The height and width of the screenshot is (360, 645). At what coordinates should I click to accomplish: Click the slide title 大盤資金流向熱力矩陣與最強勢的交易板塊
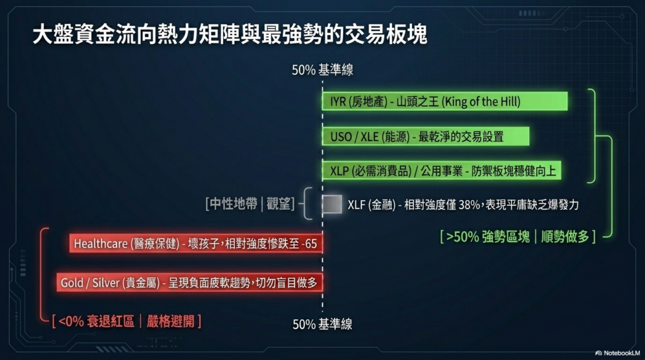(x=230, y=34)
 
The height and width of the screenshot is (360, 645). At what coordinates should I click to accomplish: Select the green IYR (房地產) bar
(x=445, y=101)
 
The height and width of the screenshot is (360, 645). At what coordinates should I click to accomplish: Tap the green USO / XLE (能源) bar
(x=425, y=137)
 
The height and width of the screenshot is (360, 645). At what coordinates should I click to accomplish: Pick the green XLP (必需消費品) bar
(x=442, y=171)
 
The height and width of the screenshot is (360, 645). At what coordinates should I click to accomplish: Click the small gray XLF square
(x=332, y=205)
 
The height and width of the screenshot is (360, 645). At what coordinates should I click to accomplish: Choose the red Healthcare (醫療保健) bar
(x=196, y=244)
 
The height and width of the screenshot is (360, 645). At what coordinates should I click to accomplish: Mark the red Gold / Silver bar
(x=190, y=283)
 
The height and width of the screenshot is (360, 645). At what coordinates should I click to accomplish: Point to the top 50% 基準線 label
(x=322, y=70)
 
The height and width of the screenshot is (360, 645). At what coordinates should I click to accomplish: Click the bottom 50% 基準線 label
(x=322, y=324)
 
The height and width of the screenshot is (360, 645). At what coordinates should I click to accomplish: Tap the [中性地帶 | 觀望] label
(x=250, y=203)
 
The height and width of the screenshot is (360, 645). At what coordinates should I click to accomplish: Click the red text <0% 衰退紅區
(x=96, y=321)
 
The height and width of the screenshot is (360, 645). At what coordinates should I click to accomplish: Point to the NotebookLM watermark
(x=618, y=353)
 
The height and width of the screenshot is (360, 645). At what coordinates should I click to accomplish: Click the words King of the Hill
(x=481, y=101)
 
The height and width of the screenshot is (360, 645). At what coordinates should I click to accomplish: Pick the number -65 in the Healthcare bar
(x=309, y=244)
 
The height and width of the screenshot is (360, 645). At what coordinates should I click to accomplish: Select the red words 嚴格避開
(x=170, y=321)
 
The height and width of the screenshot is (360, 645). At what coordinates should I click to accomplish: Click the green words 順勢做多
(x=565, y=237)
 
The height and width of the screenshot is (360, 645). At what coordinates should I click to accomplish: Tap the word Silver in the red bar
(x=106, y=283)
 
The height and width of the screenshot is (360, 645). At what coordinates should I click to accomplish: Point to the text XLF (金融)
(x=372, y=205)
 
